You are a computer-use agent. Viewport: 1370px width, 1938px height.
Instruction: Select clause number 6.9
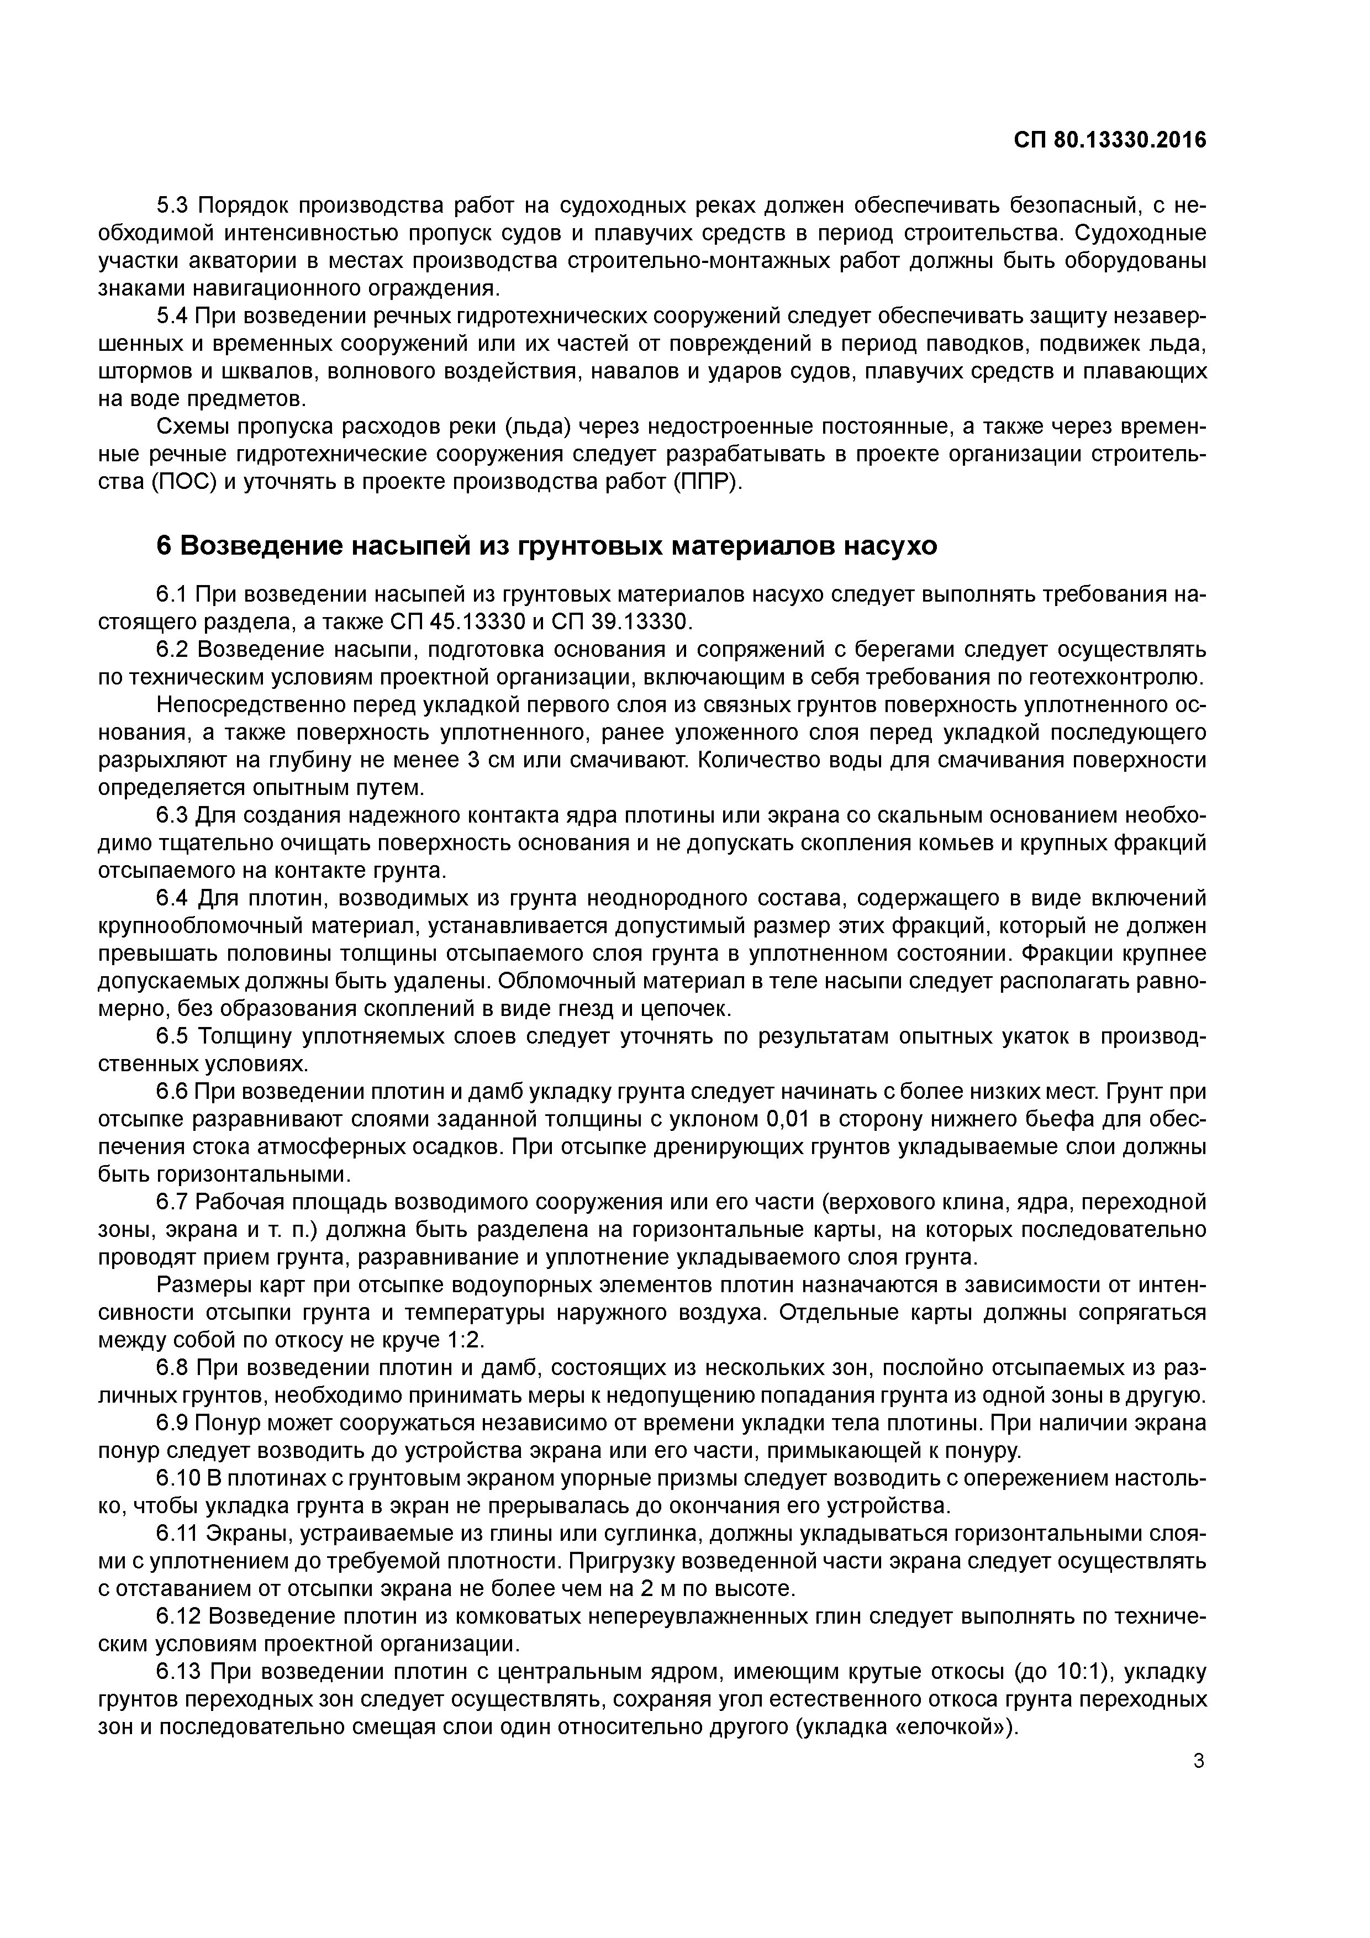coord(175,1423)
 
